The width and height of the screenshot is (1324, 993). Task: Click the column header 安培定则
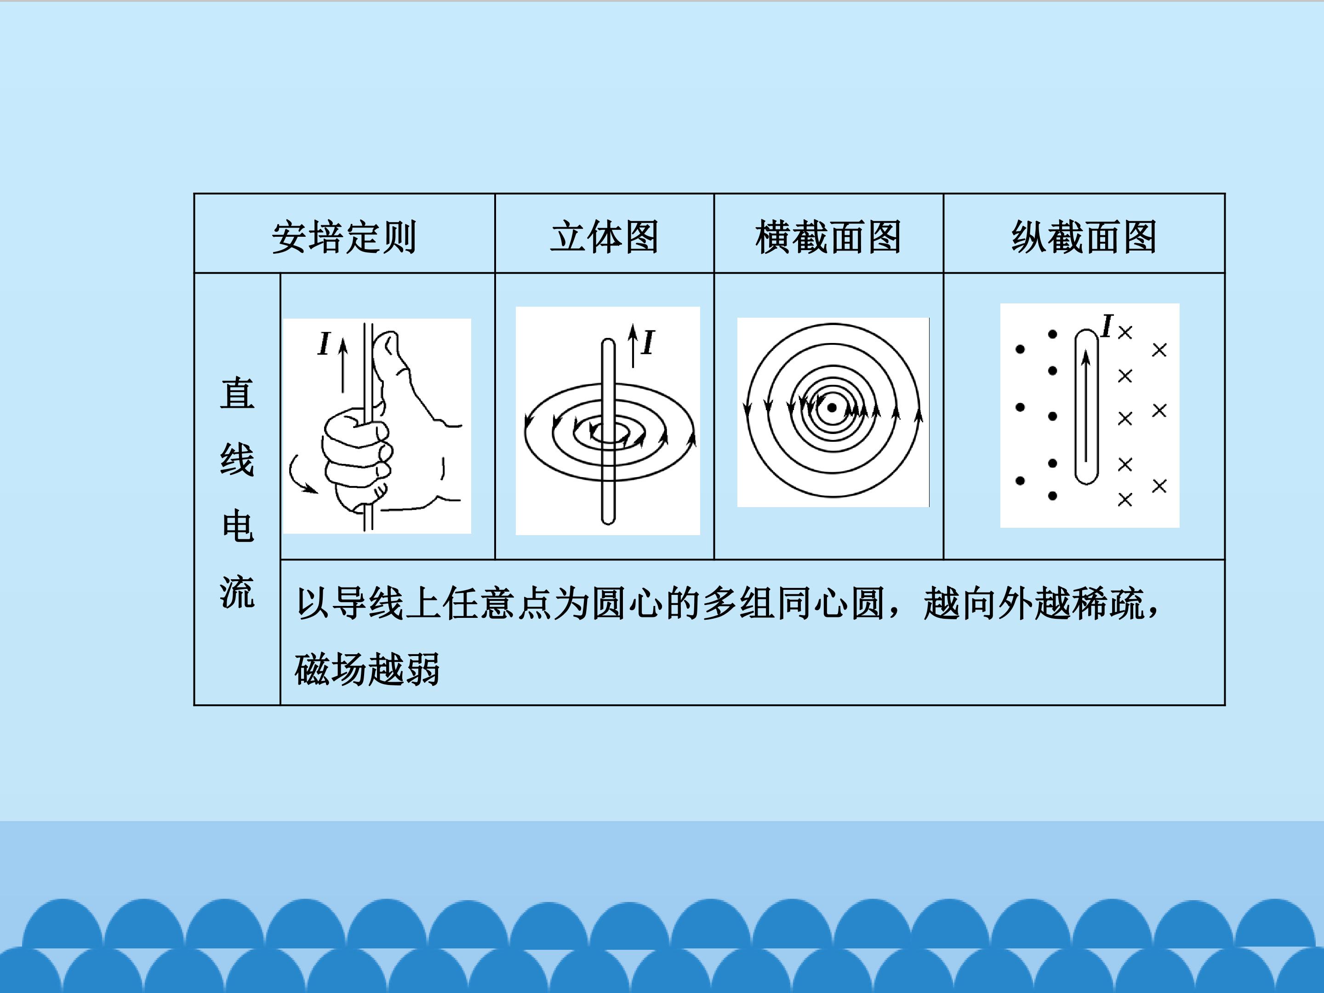[344, 237]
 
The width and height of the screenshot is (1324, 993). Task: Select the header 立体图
[605, 237]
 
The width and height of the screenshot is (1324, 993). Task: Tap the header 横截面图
[828, 237]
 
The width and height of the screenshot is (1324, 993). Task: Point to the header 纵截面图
[1084, 237]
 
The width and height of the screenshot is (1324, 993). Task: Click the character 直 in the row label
[238, 393]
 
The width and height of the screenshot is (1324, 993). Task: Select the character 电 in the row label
[238, 526]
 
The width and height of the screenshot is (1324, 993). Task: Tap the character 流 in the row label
[238, 593]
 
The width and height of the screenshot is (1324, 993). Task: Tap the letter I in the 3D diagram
[648, 342]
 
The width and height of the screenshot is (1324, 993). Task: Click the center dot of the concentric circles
[832, 408]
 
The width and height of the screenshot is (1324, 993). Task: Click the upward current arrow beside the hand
[343, 366]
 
